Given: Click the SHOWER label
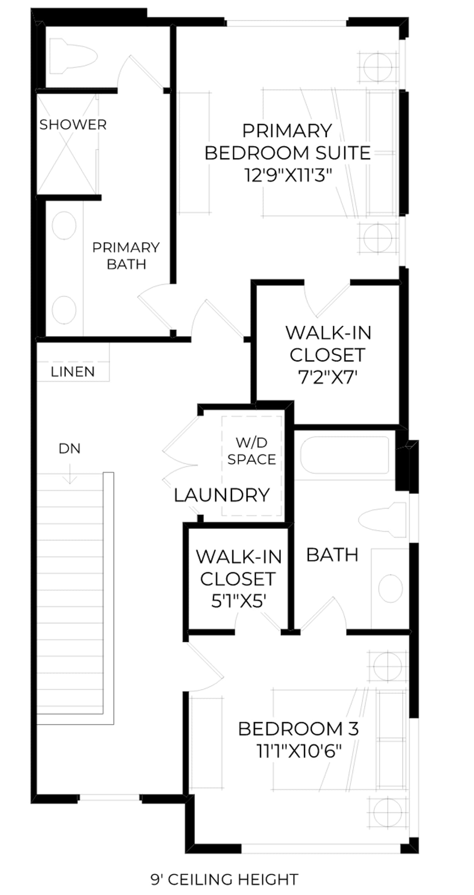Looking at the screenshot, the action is pos(73,125).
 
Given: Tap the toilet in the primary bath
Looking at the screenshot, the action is pos(73,56).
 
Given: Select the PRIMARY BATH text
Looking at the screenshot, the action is pos(126,256).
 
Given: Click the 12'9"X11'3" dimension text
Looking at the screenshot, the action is pos(288,175).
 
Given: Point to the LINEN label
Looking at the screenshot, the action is pos(73,372).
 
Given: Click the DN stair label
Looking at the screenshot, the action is pos(70,448).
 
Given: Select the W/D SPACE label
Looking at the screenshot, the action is pos(252,451).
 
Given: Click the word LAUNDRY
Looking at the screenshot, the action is pos(222,495).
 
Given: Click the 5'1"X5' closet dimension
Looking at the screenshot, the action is pos(238,601).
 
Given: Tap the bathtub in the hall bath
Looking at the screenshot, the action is pos(344,455).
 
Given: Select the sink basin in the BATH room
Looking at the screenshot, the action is pos(390,588).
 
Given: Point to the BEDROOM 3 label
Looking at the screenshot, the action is pos(298,729).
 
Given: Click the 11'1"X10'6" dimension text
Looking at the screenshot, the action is pos(299,751).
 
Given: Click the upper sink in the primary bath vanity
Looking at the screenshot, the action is pos(64,225).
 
